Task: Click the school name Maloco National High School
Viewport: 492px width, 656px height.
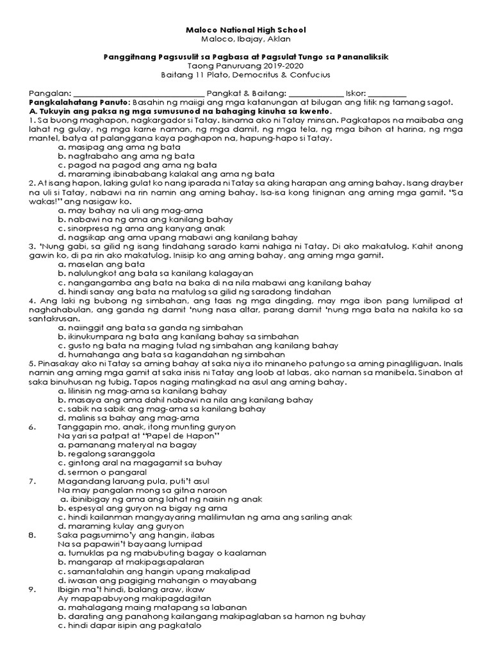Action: (246, 30)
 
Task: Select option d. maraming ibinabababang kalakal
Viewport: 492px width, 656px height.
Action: (165, 174)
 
